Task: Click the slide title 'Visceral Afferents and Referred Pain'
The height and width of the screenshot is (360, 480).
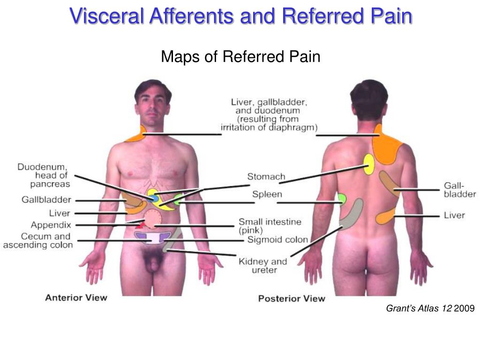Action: [241, 16]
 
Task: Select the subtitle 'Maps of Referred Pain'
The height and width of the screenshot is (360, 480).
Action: [240, 57]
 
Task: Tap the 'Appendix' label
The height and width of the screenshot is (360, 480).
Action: [51, 225]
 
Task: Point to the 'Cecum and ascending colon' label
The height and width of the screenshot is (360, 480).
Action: [38, 240]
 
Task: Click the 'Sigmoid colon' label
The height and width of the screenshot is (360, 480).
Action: [277, 240]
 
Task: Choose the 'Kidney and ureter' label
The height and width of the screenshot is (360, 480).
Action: [262, 266]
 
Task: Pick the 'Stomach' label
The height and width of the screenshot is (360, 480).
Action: [266, 177]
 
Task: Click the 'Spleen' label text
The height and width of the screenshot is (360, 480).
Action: [267, 194]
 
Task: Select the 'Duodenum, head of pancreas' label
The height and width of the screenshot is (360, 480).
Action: [44, 175]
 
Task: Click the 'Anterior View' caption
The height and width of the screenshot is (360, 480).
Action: [76, 297]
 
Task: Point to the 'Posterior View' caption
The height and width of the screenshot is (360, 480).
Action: [291, 298]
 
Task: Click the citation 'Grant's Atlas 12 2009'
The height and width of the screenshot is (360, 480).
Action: [430, 308]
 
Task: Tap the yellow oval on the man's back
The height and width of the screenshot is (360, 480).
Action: [369, 164]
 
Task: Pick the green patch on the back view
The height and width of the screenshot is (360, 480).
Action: [342, 199]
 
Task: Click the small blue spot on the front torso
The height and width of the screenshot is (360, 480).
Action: [154, 198]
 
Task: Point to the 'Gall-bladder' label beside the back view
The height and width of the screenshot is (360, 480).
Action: [459, 190]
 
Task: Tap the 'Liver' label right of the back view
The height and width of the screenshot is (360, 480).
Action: [454, 215]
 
